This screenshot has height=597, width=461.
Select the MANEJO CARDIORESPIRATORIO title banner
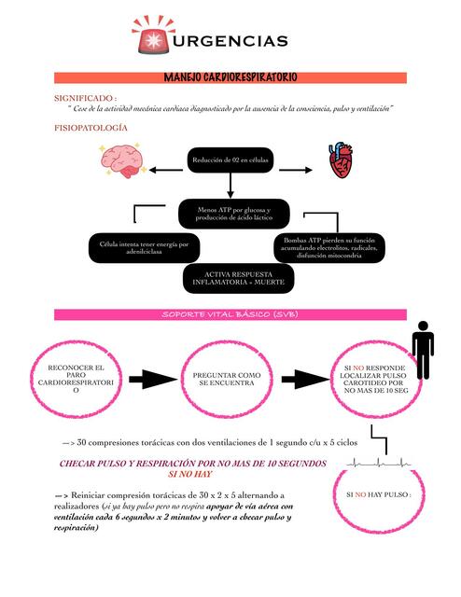(230, 77)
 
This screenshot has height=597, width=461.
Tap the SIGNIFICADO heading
(85, 97)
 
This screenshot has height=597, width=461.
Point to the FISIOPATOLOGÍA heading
(91, 127)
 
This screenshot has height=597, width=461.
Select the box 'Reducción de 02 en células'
(230, 160)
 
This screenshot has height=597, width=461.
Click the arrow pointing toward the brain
(165, 170)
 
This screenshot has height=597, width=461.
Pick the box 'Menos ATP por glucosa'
(230, 213)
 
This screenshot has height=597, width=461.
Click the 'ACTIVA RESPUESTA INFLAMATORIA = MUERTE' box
(239, 277)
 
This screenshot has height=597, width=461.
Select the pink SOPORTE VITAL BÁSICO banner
(230, 314)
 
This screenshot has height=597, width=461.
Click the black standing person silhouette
(424, 350)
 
